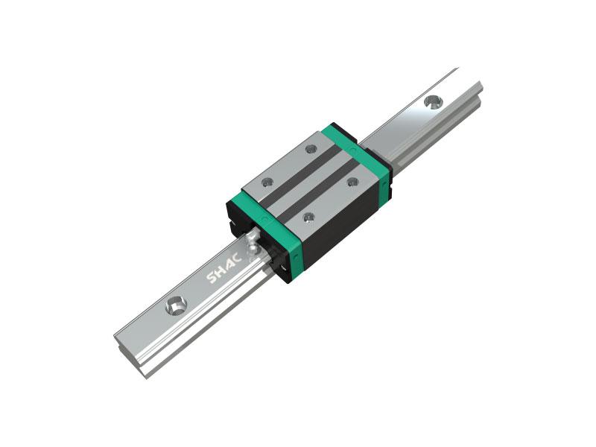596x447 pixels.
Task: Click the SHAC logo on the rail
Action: pyautogui.click(x=224, y=268)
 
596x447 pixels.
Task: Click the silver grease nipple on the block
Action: pyautogui.click(x=252, y=244)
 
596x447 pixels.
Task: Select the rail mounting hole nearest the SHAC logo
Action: pyautogui.click(x=176, y=305)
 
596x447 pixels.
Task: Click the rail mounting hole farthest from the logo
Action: pyautogui.click(x=434, y=103)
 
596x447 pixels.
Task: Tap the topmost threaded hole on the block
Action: pyautogui.click(x=311, y=149)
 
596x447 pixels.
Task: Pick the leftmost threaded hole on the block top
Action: pyautogui.click(x=267, y=183)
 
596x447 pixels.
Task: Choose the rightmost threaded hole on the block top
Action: pyautogui.click(x=352, y=182)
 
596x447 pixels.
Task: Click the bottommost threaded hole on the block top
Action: pyautogui.click(x=308, y=218)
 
